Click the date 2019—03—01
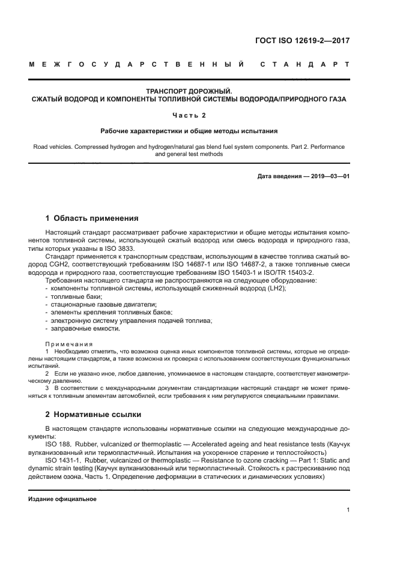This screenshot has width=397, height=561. click(329, 176)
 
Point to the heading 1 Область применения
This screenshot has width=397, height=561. click(92, 218)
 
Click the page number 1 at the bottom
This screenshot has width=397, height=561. click(348, 511)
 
